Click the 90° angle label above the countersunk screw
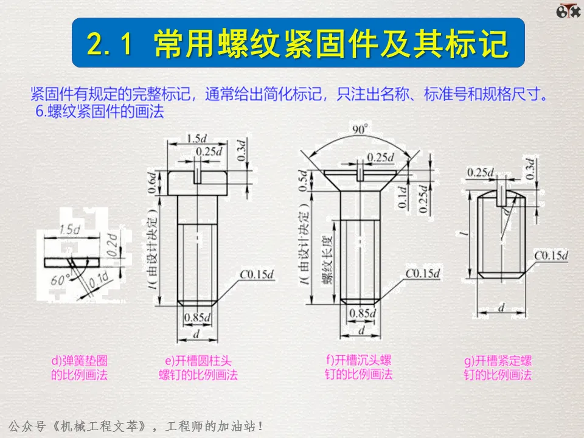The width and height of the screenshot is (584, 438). click(x=360, y=129)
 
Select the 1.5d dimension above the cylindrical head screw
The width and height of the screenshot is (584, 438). click(x=196, y=139)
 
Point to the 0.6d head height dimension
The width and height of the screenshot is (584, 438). click(x=152, y=182)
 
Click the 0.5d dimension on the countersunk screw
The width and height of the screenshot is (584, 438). click(x=304, y=181)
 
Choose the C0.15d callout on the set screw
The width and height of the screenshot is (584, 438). click(x=551, y=255)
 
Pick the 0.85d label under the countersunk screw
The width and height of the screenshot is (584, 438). click(x=363, y=313)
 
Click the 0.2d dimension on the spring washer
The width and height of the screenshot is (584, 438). click(x=113, y=245)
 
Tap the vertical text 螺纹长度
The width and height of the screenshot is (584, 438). click(x=327, y=260)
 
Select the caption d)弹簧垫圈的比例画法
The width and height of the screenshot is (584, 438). click(x=79, y=367)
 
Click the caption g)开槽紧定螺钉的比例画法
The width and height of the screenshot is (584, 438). click(x=498, y=367)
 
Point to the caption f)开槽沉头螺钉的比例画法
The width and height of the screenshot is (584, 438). click(x=359, y=367)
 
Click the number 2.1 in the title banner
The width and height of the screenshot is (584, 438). click(x=109, y=43)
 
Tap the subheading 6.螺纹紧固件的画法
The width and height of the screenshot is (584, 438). click(x=100, y=111)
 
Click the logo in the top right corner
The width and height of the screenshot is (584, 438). click(x=568, y=11)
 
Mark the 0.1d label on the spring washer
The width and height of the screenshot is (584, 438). click(x=99, y=280)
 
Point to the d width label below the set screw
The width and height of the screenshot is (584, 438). click(x=502, y=307)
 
